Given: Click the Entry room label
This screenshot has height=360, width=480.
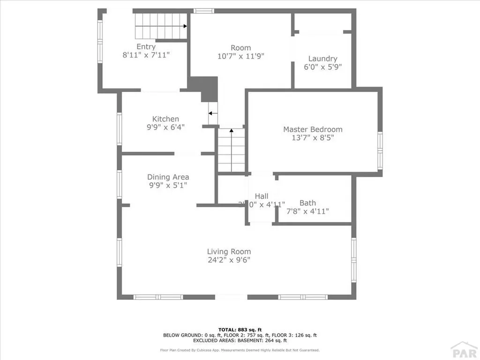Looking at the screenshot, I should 146,46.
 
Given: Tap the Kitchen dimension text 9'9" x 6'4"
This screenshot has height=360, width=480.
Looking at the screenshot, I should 165,127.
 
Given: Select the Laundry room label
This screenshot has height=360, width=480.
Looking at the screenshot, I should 322,59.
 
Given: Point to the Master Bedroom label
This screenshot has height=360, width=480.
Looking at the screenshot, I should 313,129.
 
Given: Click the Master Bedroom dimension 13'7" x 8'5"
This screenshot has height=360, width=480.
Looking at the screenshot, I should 313,138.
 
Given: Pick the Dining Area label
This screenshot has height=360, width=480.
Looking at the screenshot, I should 168,177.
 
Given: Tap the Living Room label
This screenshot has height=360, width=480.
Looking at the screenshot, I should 229,252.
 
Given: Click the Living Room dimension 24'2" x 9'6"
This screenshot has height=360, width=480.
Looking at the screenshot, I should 229,260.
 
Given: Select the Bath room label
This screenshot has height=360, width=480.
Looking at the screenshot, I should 307,203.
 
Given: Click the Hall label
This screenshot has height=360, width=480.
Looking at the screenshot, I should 262,196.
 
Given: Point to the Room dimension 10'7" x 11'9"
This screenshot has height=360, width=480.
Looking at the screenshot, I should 240,56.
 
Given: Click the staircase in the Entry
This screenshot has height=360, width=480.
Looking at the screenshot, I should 161,26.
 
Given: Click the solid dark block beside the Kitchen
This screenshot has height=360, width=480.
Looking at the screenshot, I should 205,87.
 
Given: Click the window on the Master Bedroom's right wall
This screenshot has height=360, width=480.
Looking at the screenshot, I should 380,150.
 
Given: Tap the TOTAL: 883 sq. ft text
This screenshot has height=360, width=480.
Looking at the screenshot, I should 240,330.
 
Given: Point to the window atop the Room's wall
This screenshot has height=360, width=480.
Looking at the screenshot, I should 202,11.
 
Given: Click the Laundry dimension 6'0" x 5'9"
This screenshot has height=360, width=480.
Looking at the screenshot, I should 322,67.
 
